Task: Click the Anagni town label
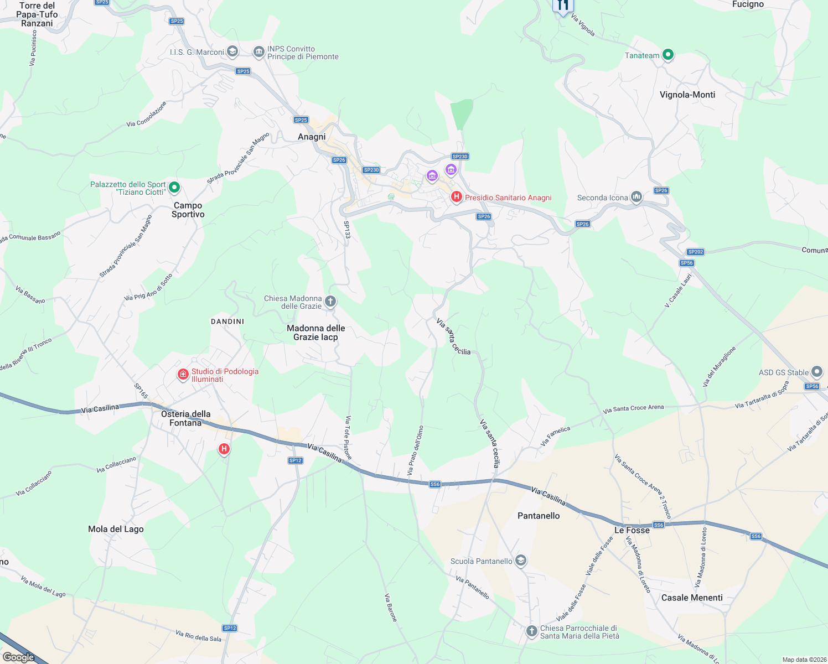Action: pyautogui.click(x=312, y=137)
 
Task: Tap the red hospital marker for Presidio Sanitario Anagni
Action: pyautogui.click(x=457, y=197)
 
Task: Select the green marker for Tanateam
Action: pyautogui.click(x=668, y=55)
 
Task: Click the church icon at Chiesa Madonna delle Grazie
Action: pyautogui.click(x=330, y=302)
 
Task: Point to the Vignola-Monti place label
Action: pyautogui.click(x=687, y=95)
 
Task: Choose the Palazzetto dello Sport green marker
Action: pyautogui.click(x=174, y=188)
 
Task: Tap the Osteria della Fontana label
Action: pyautogui.click(x=185, y=418)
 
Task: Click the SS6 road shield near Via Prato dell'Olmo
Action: pyautogui.click(x=435, y=484)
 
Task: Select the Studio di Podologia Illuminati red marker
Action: pyautogui.click(x=183, y=375)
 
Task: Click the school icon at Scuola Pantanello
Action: pyautogui.click(x=520, y=561)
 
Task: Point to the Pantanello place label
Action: pyautogui.click(x=539, y=516)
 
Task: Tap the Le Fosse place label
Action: pyautogui.click(x=632, y=530)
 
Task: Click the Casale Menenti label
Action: pyautogui.click(x=692, y=598)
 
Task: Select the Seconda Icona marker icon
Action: pyautogui.click(x=636, y=197)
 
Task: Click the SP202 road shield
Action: pyautogui.click(x=696, y=252)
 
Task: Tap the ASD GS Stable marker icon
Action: pyautogui.click(x=817, y=372)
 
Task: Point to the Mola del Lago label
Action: pyautogui.click(x=116, y=529)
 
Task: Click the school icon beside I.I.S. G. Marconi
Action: pyautogui.click(x=232, y=52)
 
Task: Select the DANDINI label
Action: pyautogui.click(x=227, y=321)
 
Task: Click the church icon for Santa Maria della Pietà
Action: pyautogui.click(x=531, y=631)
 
